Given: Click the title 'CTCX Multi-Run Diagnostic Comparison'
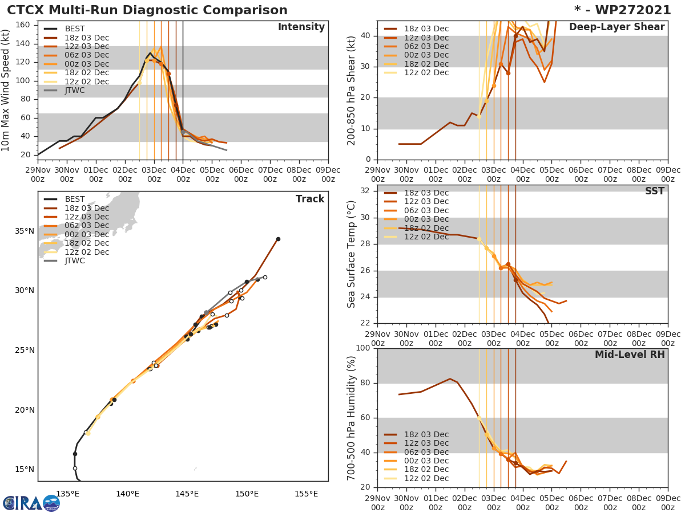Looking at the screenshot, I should click(147, 10).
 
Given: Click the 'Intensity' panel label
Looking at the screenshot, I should click(301, 27).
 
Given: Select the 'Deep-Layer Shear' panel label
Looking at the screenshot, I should click(616, 27).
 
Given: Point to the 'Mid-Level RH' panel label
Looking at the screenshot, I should click(630, 355).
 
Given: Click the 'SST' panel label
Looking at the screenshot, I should click(654, 192).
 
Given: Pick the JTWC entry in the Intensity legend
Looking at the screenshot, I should click(75, 91).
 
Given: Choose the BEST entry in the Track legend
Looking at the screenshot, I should click(75, 199).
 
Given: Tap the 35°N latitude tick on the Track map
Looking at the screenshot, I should click(25, 231).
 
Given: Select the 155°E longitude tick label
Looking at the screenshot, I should click(306, 493).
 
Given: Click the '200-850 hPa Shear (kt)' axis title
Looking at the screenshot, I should click(352, 90).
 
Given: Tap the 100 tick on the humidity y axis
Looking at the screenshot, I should click(362, 348).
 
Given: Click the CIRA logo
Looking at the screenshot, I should click(31, 503).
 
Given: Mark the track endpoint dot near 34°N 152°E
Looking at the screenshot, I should click(278, 239).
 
